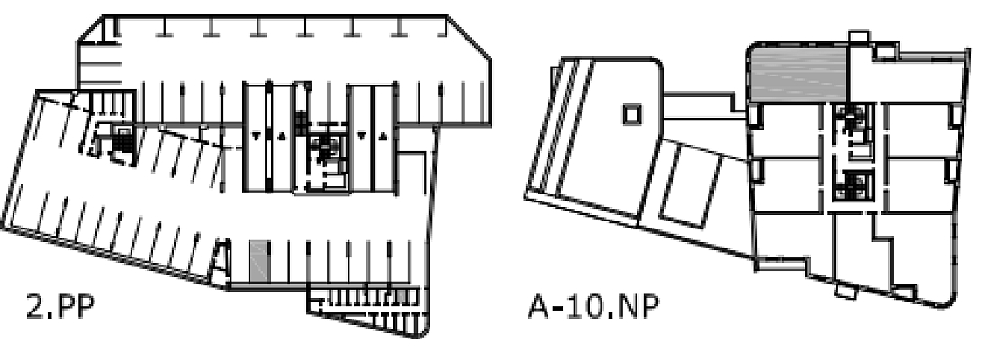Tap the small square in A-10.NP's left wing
point(632,114)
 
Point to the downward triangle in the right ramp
point(360,136)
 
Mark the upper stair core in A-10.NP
point(850,120)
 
